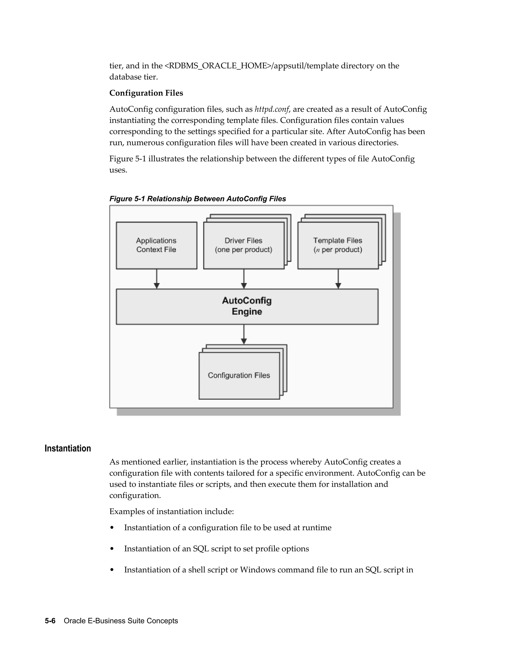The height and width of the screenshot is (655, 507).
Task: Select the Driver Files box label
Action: click(x=243, y=245)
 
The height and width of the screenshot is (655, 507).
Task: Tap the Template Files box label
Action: click(x=338, y=245)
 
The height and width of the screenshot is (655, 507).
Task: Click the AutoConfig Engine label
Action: click(x=247, y=306)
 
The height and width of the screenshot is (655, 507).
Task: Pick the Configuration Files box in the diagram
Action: click(x=239, y=375)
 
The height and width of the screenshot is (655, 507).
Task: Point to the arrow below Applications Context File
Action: click(x=156, y=279)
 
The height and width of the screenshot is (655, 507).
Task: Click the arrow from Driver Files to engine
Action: click(x=244, y=279)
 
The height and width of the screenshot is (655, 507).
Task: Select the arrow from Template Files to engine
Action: click(x=338, y=279)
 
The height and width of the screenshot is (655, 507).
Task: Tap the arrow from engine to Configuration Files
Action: click(x=244, y=334)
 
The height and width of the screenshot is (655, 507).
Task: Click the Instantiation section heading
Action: click(x=68, y=448)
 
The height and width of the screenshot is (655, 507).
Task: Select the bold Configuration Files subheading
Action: click(x=146, y=93)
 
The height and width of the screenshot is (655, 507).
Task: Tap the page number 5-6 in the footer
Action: click(x=50, y=620)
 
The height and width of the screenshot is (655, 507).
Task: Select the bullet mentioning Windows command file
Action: click(x=269, y=569)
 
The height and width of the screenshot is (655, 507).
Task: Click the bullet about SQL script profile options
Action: click(x=216, y=548)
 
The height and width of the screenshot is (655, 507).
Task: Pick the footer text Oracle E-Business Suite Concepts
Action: click(x=121, y=620)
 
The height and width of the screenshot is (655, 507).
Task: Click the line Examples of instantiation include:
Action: click(x=172, y=511)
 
